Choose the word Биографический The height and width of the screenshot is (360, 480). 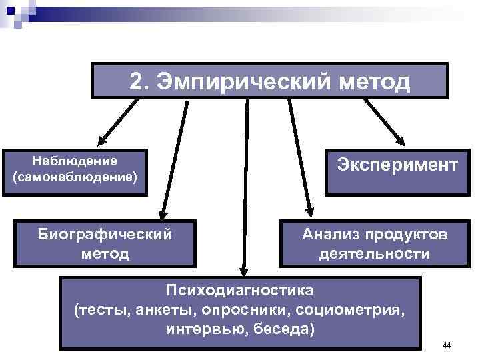tap(106, 235)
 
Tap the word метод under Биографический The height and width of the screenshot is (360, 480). tap(106, 253)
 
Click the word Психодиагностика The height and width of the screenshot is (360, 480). tap(239, 291)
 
